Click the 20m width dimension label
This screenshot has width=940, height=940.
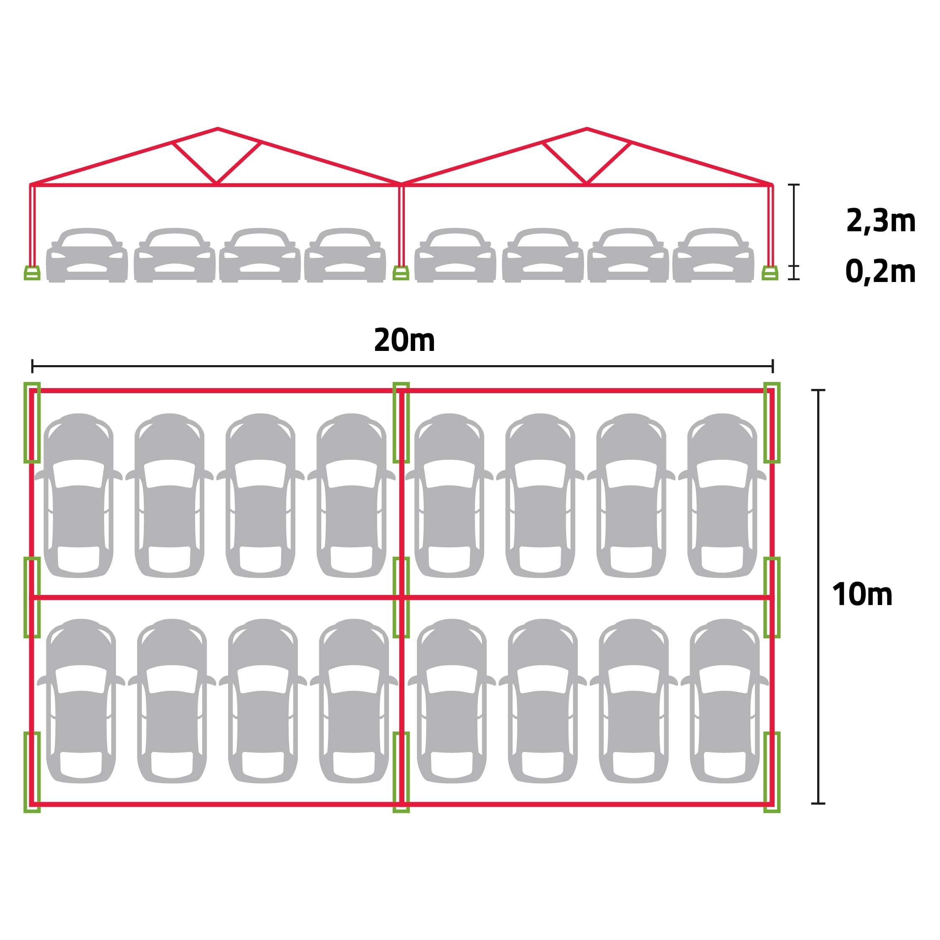[x=404, y=340]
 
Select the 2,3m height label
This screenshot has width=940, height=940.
[x=881, y=221]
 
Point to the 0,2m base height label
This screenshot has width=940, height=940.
[x=881, y=272]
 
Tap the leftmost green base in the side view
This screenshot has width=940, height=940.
[x=32, y=273]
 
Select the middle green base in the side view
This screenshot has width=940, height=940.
[x=401, y=273]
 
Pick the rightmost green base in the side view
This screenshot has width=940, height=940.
[x=770, y=273]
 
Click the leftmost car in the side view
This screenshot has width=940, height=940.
[x=87, y=255]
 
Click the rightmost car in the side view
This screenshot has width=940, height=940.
[x=713, y=255]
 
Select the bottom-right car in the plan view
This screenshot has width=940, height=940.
[x=724, y=701]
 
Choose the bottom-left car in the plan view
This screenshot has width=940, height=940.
[x=81, y=701]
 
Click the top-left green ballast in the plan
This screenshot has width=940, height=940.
[x=32, y=422]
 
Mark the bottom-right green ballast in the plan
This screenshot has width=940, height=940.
[x=772, y=772]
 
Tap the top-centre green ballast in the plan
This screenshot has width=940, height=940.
[x=401, y=422]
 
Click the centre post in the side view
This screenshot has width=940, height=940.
[x=401, y=225]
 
